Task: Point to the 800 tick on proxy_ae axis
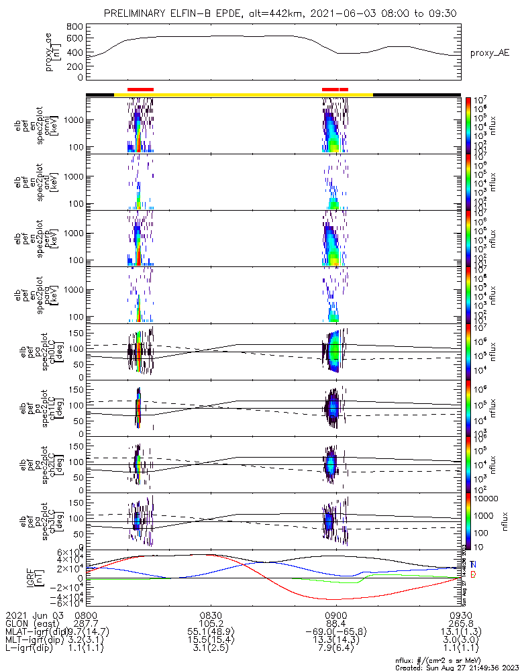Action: tap(74, 27)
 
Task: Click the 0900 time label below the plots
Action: tap(335, 615)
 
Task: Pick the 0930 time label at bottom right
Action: tap(460, 615)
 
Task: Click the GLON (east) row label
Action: tap(34, 623)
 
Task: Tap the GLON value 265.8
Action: tap(460, 623)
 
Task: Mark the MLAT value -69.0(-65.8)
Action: tap(335, 632)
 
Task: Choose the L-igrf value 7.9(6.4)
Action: tap(335, 650)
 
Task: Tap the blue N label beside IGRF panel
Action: tap(473, 565)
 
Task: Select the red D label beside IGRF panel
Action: tap(473, 574)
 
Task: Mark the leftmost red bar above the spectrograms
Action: tap(140, 89)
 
